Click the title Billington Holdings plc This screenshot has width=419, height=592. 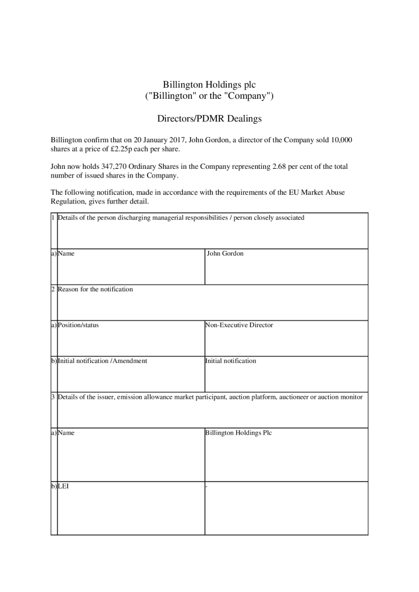coord(209,84)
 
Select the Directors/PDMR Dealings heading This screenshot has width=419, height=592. coord(209,119)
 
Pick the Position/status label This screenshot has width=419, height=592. coord(78,325)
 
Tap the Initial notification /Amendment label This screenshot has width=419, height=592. coord(102,361)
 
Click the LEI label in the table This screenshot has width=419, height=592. coord(63,486)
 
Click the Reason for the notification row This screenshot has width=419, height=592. coord(95,289)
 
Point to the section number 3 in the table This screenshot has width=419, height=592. coord(53,397)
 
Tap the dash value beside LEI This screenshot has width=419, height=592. coord(207,486)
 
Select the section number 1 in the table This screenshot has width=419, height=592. coord(53,218)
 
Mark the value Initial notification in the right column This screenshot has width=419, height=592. coord(230,361)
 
